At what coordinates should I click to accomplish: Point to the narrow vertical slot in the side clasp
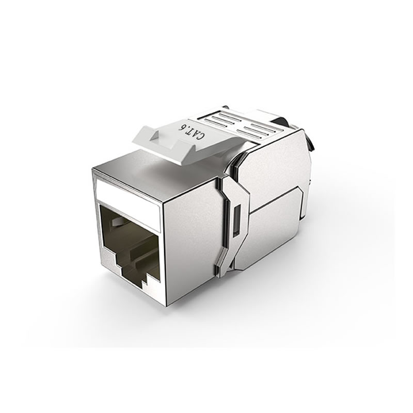point(236,220)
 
